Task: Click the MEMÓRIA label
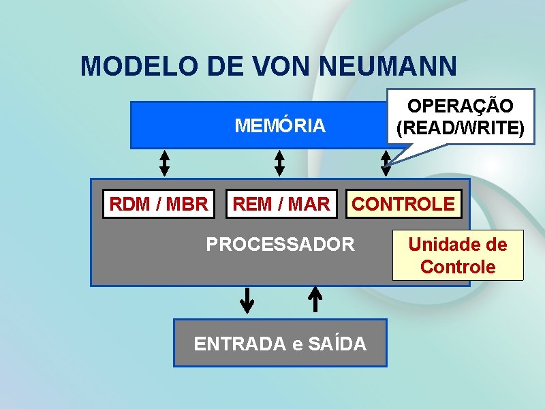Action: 280,126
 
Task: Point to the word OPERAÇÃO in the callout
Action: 461,106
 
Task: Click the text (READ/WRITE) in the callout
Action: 461,128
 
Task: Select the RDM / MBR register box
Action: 159,204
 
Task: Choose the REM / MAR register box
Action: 281,204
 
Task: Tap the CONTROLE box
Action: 403,204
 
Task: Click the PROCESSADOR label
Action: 280,244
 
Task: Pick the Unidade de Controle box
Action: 458,256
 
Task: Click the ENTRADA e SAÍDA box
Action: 280,344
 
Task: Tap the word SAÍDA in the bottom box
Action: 337,344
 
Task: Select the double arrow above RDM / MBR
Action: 164,163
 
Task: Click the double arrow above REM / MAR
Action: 279,163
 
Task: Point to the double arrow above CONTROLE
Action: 386,163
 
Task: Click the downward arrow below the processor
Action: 247,300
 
